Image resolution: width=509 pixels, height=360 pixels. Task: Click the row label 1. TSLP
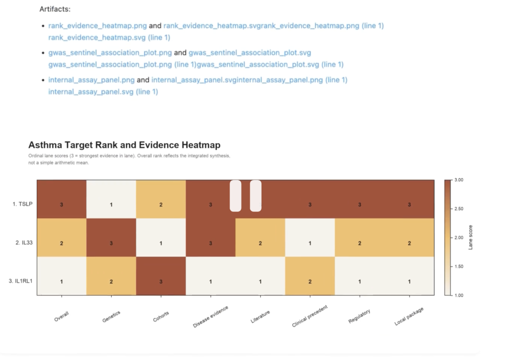[23, 205]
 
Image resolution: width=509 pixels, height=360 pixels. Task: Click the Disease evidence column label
[211, 317]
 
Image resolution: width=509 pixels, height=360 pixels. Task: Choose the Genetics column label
[111, 317]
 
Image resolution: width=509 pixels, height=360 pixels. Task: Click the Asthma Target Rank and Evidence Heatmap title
[124, 145]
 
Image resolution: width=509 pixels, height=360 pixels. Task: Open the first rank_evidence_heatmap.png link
[98, 26]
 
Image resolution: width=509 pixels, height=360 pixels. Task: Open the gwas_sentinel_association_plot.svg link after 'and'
[250, 53]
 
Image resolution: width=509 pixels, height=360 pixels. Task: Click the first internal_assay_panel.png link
[91, 80]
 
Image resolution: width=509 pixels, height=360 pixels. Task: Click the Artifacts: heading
[55, 9]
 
